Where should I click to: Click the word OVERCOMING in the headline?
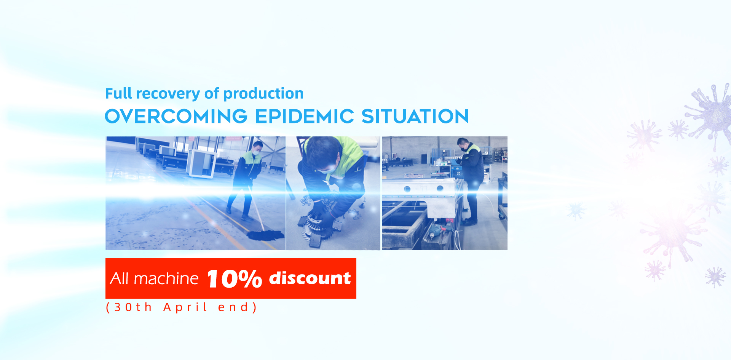[x=176, y=116]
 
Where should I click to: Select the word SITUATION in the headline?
[x=415, y=116]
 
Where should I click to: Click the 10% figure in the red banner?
[x=234, y=279]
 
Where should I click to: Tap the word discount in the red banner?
[x=310, y=278]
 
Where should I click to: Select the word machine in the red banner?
[x=166, y=279]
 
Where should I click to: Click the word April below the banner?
[x=185, y=307]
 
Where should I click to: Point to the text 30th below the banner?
[x=133, y=307]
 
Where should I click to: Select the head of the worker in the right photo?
[x=463, y=144]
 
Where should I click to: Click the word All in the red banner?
[x=120, y=279]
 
